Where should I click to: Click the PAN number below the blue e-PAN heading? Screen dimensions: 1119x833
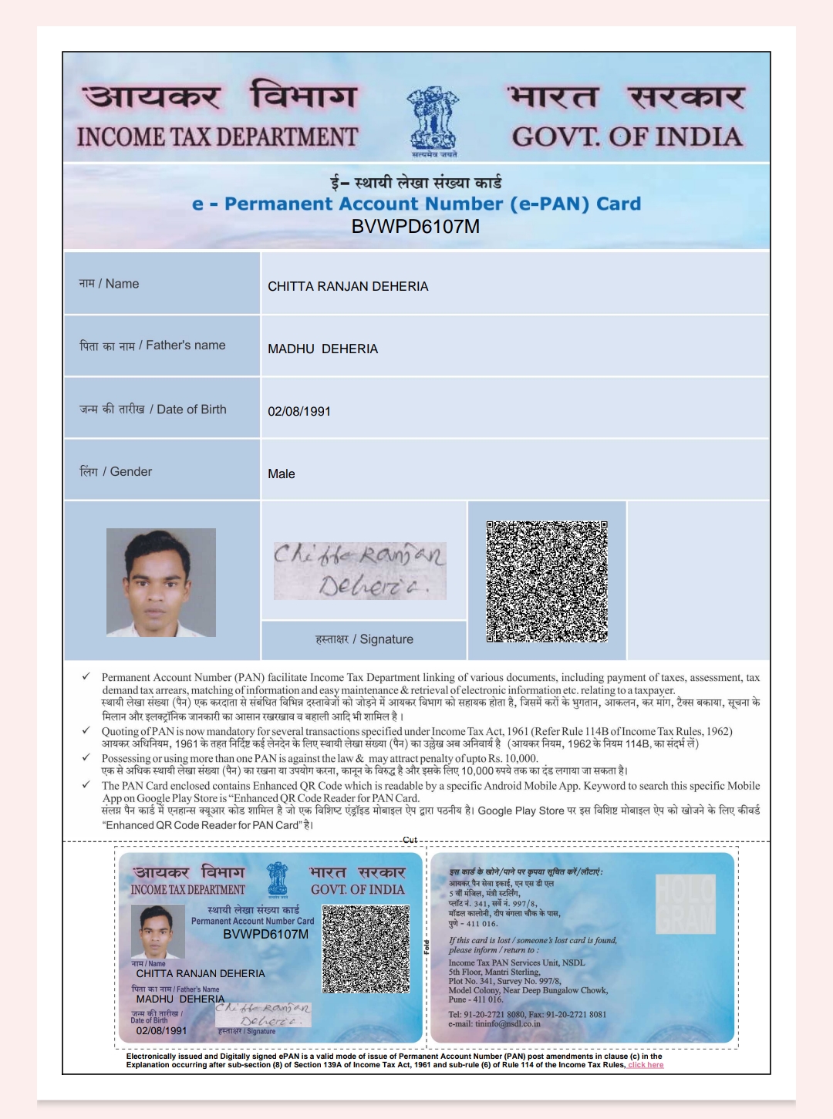[x=415, y=227]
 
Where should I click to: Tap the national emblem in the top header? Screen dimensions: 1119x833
[x=433, y=120]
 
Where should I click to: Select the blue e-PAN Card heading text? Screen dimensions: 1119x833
[x=416, y=204]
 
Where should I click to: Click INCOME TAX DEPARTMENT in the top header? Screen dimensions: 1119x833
[x=217, y=137]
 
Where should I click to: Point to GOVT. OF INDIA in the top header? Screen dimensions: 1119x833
[x=627, y=137]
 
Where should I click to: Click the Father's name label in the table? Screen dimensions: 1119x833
[x=153, y=345]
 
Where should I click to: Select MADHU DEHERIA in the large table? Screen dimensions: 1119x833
[x=322, y=349]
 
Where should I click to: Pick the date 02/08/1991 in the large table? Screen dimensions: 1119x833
[x=299, y=411]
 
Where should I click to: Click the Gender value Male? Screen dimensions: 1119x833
[x=282, y=474]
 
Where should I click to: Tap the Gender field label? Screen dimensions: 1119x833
[x=116, y=471]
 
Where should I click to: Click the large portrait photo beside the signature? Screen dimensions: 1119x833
[x=161, y=581]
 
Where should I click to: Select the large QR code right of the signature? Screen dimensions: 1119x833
[x=547, y=581]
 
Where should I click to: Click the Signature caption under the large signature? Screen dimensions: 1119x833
[x=364, y=639]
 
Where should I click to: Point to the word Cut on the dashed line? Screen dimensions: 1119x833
[x=410, y=840]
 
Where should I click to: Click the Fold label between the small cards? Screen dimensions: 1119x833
[x=426, y=947]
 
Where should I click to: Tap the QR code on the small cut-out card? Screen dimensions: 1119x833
[x=366, y=949]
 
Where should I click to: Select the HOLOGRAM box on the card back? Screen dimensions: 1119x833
[x=686, y=904]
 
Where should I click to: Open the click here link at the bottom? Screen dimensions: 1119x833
[x=646, y=1065]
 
